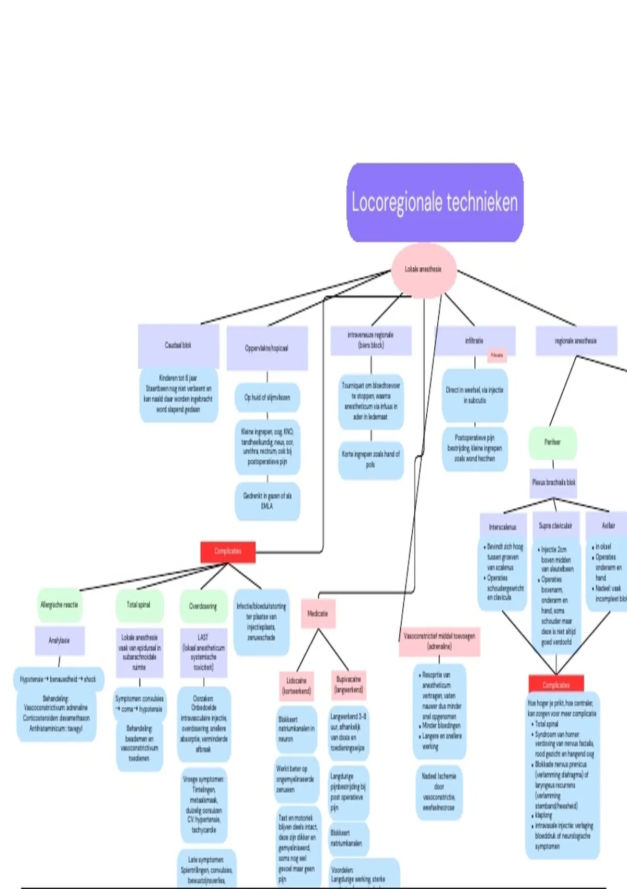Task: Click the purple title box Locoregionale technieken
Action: coord(435,202)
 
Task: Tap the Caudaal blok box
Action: coord(178,346)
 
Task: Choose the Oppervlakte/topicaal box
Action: coord(266,348)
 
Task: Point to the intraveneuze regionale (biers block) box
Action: coord(371,340)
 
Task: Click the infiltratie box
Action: coord(474,341)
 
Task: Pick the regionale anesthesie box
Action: coord(576,341)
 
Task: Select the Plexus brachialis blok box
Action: coord(554,483)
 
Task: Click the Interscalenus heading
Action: coord(503,527)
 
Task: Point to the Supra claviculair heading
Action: coord(555,526)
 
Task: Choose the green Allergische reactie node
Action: coord(59,605)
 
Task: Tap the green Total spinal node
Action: coord(139,605)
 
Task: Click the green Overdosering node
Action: coord(203,607)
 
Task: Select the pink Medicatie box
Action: coord(318,614)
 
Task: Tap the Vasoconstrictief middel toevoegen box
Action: coord(439,641)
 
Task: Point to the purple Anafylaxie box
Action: coord(59,641)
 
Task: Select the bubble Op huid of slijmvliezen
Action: coord(267,398)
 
